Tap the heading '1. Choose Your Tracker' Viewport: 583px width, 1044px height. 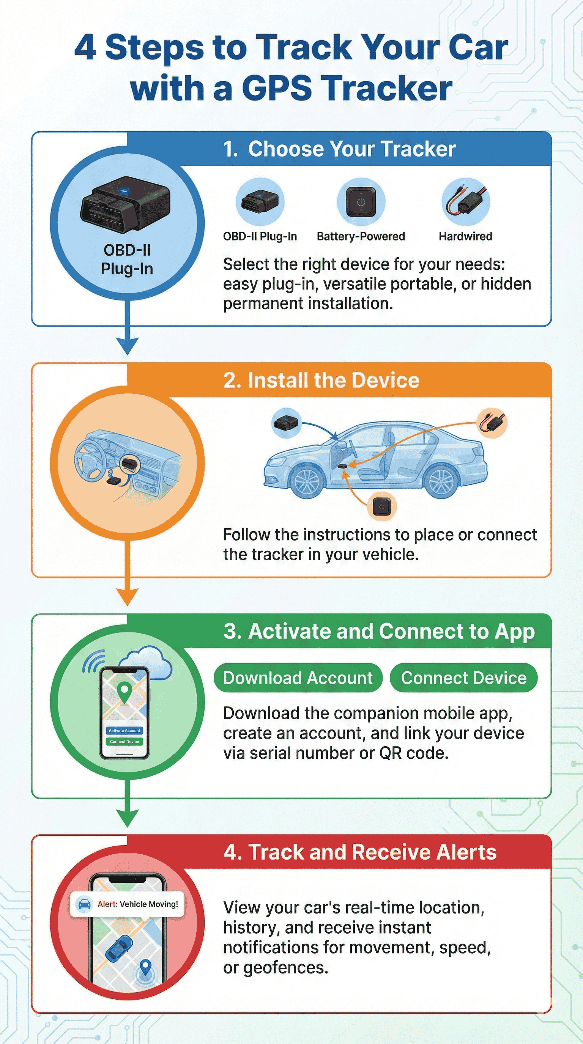point(339,149)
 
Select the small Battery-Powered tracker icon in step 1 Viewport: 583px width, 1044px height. point(361,201)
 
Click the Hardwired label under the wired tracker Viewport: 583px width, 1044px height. point(465,236)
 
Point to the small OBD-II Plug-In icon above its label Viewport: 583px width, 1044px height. point(260,201)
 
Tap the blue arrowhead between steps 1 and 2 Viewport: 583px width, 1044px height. point(127,345)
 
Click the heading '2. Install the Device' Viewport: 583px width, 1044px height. point(321,380)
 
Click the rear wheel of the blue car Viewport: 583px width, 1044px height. point(440,481)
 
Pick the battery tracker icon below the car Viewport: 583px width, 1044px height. point(381,506)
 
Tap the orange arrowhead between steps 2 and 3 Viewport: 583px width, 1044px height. point(127,596)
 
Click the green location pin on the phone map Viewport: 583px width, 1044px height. point(124,691)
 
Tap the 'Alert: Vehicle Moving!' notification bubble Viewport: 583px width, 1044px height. point(127,904)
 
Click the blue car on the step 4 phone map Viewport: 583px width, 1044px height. point(119,948)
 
